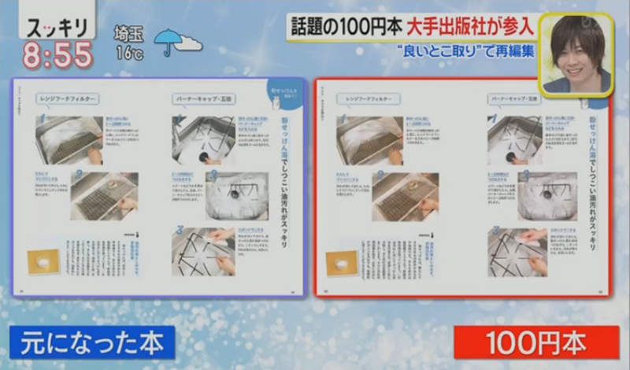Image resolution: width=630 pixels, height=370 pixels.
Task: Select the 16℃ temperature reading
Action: coord(130,54)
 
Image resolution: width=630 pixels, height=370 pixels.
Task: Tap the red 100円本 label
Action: coord(536,344)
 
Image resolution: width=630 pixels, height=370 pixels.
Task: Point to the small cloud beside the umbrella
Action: coord(189,43)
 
